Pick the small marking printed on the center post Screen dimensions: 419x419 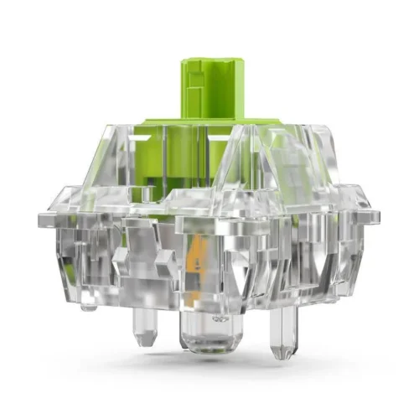coord(220,319)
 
